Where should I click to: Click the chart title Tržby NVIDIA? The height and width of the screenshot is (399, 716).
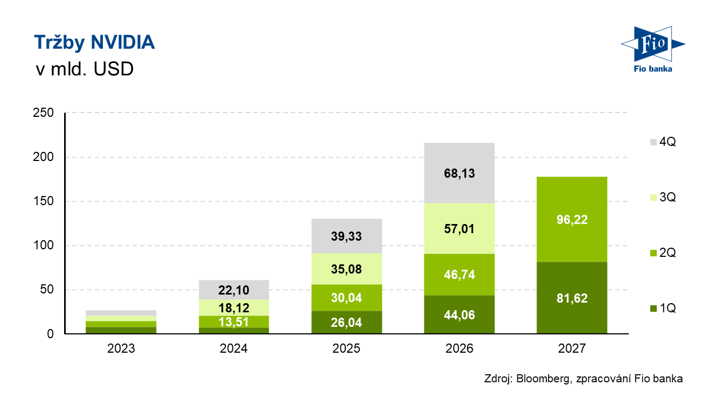pos(94,43)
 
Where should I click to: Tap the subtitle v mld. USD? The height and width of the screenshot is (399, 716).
pos(85,69)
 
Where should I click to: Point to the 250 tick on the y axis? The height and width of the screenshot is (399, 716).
pos(43,113)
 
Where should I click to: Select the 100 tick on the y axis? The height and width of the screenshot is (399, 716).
pos(43,246)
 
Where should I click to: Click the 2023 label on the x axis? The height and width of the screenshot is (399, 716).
pos(121,348)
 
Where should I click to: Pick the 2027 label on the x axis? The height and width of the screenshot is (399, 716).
pos(572,348)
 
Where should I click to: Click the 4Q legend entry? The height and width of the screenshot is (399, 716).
pos(663,142)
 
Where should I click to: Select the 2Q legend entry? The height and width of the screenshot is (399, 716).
pos(663,253)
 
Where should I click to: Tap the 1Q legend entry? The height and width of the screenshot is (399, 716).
pos(663,309)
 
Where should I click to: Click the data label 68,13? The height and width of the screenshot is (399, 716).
pos(460,173)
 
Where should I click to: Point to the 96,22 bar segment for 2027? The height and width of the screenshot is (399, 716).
pos(572,220)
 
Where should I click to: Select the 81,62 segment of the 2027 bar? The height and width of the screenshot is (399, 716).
pos(572,298)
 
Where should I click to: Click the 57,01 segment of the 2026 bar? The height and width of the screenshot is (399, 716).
pos(460,229)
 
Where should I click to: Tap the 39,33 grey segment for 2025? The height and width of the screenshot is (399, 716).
pos(346,236)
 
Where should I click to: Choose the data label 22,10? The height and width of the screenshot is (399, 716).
pos(234,290)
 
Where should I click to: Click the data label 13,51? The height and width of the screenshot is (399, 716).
pos(234,322)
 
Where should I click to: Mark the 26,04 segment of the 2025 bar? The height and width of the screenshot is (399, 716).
pos(346,323)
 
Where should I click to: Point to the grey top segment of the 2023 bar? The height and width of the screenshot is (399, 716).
pos(121,313)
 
